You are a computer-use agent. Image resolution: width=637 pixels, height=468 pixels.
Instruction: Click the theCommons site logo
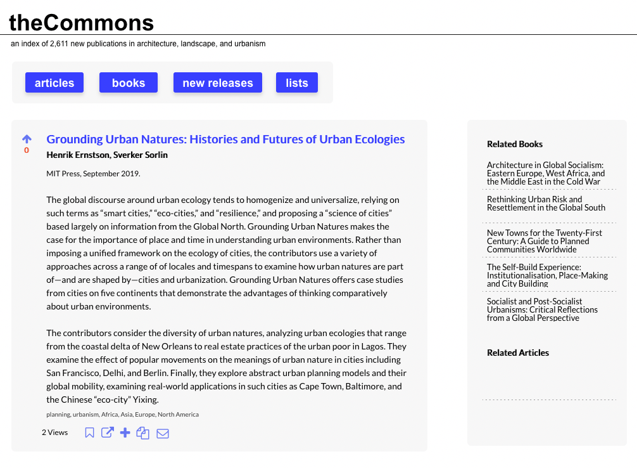[x=81, y=23]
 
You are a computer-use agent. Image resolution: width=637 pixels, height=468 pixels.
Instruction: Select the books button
[x=129, y=83]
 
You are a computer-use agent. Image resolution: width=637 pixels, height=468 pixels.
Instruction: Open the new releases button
[x=217, y=83]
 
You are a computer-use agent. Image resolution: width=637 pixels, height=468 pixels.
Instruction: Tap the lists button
[x=296, y=83]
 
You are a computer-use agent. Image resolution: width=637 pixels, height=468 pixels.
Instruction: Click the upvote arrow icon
[x=27, y=139]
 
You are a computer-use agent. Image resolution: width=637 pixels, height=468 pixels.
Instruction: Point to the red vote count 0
[x=27, y=150]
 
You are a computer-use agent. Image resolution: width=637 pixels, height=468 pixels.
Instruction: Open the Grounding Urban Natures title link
[x=225, y=140]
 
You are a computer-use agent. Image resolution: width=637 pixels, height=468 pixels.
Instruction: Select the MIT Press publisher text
[x=63, y=173]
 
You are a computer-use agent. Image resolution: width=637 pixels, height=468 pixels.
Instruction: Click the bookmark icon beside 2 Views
[x=90, y=432]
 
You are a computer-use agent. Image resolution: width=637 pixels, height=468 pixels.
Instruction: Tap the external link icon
[x=108, y=432]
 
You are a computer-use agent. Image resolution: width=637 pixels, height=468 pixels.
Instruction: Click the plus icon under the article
[x=125, y=432]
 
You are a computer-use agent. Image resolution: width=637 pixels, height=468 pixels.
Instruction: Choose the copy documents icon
[x=143, y=433]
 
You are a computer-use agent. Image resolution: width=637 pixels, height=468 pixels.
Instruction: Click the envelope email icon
[x=163, y=434]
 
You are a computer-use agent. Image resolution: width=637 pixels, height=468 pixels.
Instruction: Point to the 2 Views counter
[x=54, y=432]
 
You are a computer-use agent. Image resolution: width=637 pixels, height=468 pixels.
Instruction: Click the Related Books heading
[x=514, y=144]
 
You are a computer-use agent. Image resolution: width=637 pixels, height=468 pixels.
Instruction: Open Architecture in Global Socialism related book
[x=545, y=173]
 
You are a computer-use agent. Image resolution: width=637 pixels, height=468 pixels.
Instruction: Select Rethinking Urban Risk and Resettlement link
[x=546, y=204]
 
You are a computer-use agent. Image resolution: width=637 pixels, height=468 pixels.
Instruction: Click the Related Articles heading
[x=517, y=353]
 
